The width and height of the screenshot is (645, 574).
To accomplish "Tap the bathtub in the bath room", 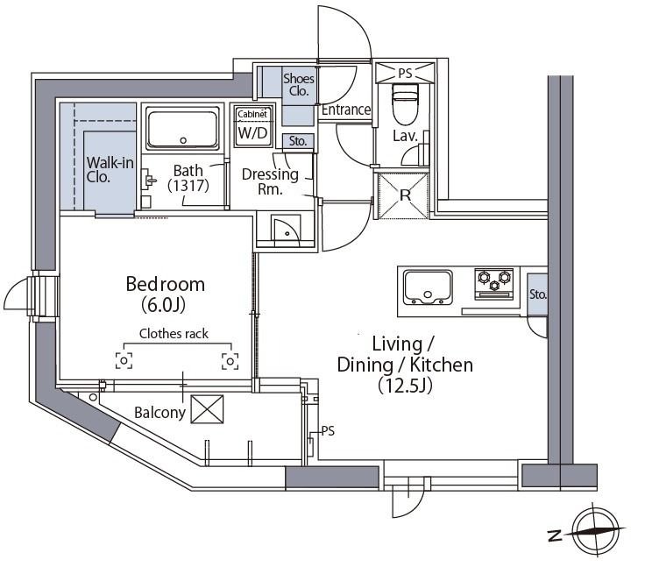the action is tap(182, 128).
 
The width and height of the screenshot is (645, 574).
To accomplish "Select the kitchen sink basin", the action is tap(428, 287).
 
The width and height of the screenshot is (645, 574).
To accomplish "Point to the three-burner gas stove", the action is tap(493, 284).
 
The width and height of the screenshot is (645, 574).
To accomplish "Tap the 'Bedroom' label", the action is tap(166, 284).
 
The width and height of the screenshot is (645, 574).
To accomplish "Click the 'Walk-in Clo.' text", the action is tap(110, 169).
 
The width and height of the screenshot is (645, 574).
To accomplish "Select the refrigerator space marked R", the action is tap(403, 195).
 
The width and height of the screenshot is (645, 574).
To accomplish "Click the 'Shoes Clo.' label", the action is tap(299, 84).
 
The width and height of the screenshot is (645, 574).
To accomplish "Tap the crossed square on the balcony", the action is tap(208, 409).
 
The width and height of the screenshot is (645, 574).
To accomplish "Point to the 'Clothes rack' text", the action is tap(174, 333).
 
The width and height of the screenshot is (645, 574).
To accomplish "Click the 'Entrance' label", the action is tap(346, 110).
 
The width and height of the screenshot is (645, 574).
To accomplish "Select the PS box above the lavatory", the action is tap(405, 73).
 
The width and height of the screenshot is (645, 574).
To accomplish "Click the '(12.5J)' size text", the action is tap(405, 386).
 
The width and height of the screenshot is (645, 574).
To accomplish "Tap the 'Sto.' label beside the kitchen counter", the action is tap(537, 294).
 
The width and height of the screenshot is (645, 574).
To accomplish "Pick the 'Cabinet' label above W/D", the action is tap(252, 115).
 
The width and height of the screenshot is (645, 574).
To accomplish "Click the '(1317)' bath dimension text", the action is tap(188, 186).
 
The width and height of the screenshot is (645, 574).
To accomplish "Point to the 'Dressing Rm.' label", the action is tap(270, 181).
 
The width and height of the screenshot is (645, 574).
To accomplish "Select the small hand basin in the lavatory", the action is tap(423, 148).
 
